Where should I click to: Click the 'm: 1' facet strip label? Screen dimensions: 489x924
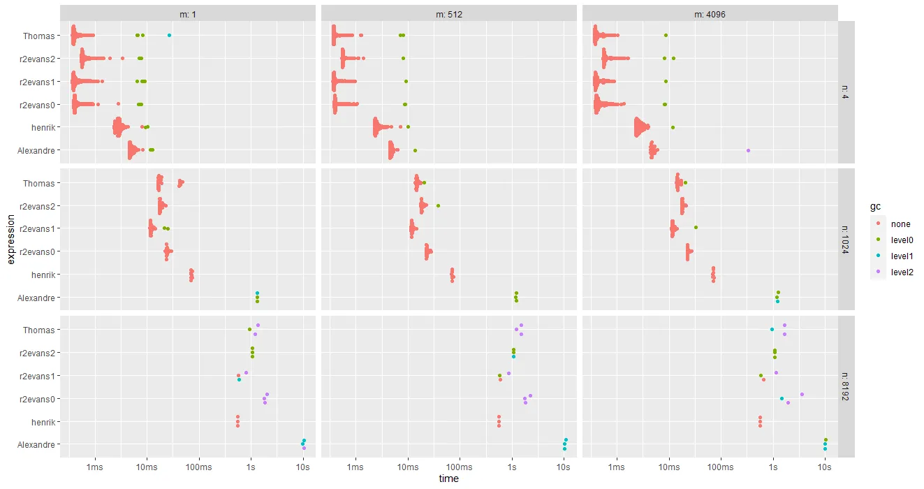[x=188, y=13]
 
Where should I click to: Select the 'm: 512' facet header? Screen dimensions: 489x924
[x=448, y=13]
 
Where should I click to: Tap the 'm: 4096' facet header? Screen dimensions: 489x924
[x=709, y=13]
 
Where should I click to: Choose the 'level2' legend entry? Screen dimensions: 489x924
[x=902, y=272]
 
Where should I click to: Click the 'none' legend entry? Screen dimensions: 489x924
[x=900, y=224]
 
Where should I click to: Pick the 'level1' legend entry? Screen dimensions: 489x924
[x=902, y=256]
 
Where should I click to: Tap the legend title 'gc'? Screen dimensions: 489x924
[x=875, y=207]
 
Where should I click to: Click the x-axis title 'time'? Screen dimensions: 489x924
[x=448, y=479]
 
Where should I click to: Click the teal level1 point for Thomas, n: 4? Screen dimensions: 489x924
[x=169, y=36]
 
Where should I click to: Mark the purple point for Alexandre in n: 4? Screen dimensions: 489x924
[x=748, y=150]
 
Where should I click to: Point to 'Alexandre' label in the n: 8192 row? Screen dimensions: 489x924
[x=36, y=445]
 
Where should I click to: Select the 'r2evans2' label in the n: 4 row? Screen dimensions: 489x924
[x=38, y=59]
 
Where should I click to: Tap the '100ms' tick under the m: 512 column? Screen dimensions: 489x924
[x=460, y=466]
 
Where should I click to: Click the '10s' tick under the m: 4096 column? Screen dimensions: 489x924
[x=824, y=466]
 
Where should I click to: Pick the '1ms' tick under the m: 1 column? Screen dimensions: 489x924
[x=95, y=466]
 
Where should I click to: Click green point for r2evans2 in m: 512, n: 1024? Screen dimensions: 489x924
[x=438, y=205]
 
